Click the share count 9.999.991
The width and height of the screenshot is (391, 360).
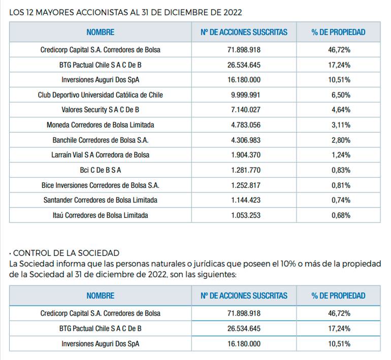point(246,95)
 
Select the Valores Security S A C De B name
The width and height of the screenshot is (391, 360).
point(100,110)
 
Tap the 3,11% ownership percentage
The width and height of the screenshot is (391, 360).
point(341,125)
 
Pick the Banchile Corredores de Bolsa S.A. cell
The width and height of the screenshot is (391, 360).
point(100,140)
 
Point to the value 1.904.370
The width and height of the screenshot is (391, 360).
point(246,155)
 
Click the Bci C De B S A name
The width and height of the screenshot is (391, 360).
point(100,170)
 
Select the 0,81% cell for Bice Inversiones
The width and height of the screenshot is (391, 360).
point(341,185)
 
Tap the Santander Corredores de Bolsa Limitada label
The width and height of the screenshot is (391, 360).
point(100,200)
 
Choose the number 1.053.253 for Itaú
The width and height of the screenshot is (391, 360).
point(246,215)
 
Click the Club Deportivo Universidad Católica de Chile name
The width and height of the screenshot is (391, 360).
point(100,95)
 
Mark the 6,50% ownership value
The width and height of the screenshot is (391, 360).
point(341,95)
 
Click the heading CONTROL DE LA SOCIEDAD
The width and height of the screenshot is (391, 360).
point(66,253)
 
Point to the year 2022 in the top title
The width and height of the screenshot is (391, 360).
point(233,13)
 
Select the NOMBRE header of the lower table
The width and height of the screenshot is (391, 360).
point(100,296)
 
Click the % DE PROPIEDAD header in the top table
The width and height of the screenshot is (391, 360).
point(338,32)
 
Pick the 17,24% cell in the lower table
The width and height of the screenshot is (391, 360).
point(339,329)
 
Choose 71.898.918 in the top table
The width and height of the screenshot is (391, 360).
point(244,50)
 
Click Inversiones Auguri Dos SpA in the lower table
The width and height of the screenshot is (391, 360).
point(100,344)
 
